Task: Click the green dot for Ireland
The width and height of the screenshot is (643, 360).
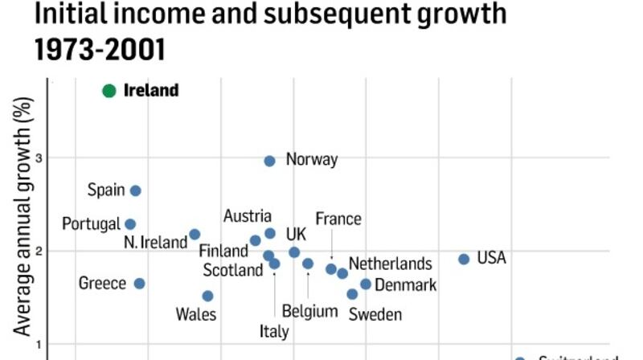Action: pos(109,91)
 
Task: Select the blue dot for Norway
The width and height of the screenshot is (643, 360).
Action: pos(270,161)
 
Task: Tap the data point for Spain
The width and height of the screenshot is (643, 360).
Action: pos(136,190)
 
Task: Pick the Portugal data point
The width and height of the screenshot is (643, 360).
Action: pos(130,224)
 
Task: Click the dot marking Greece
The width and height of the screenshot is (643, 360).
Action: pos(139,283)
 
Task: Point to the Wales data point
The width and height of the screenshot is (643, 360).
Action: pos(207,296)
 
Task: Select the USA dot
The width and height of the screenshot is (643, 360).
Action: pos(464,259)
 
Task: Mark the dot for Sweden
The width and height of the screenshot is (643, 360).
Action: pos(352,294)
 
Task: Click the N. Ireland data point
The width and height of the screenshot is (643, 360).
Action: pos(195,235)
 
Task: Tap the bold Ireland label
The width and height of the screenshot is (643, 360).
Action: pos(151,91)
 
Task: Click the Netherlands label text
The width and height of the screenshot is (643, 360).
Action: pos(390,264)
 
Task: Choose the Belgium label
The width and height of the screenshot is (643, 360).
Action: pos(310,311)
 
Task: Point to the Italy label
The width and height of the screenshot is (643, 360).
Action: pos(275,330)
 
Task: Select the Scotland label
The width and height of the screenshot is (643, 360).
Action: pos(233,270)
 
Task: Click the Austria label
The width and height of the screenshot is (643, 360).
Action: pos(248,216)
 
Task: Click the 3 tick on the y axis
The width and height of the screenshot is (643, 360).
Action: pos(38,157)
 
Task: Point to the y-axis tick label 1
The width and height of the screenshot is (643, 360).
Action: pos(38,344)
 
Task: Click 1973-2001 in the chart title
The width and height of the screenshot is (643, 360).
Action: pos(100,50)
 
